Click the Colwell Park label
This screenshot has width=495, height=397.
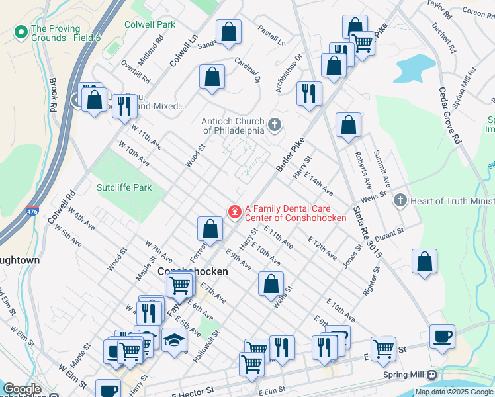point(150,24)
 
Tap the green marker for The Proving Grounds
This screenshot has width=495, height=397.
point(21,31)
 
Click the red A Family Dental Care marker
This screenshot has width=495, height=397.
point(234,211)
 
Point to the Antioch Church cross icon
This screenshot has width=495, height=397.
point(275,124)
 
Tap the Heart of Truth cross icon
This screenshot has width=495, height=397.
point(399,200)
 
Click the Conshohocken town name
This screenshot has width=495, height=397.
point(193,271)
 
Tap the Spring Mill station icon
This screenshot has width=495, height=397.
point(431,375)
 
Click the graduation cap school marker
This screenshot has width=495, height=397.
point(174,340)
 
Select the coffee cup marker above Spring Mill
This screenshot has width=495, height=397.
point(442,335)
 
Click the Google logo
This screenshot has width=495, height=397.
point(22,389)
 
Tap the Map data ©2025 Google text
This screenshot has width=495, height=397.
point(454,392)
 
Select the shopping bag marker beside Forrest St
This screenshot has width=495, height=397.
point(210,229)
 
